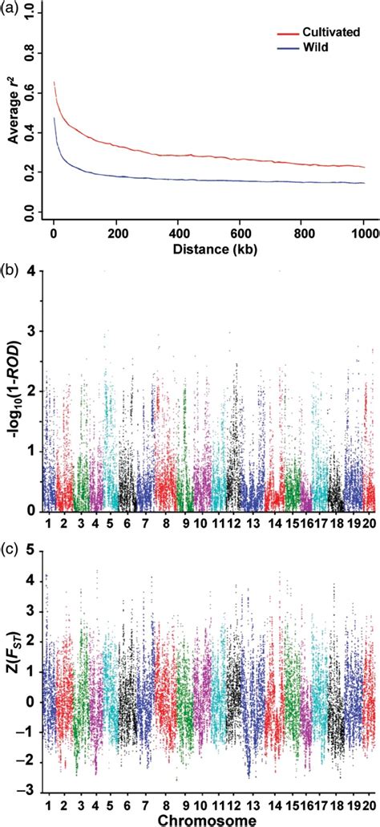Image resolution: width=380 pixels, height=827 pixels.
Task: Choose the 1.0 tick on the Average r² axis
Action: point(30,14)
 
